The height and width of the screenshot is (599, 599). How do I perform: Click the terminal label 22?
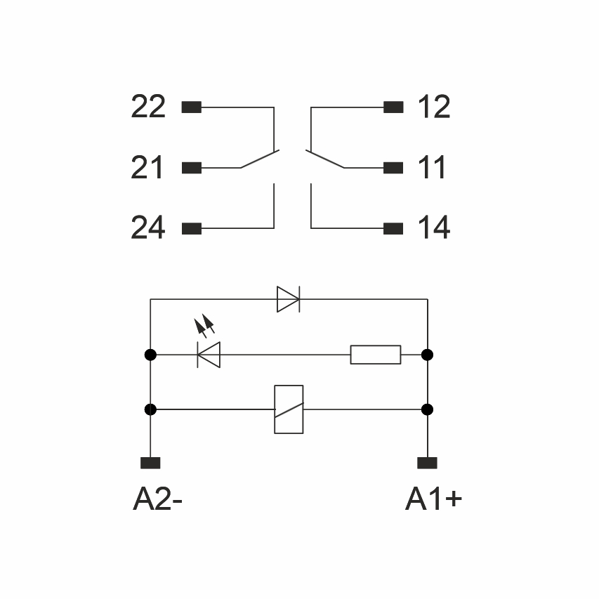point(148,107)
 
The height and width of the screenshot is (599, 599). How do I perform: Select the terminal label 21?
point(147,168)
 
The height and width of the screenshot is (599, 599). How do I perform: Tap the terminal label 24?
point(148,228)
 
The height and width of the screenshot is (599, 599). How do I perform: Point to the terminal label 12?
point(433,107)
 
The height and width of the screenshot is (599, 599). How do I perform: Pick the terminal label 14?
point(433,228)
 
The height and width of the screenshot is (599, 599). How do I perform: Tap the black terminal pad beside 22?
point(192,107)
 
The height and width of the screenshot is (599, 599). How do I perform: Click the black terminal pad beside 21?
point(192,168)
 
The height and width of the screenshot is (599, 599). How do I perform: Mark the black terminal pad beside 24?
point(192,228)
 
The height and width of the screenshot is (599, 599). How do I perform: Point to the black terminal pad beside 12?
point(394,107)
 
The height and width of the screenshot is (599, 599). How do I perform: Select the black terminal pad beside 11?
point(394,168)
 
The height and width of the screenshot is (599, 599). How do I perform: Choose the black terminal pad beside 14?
point(394,228)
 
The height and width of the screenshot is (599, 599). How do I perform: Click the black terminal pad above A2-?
point(150,463)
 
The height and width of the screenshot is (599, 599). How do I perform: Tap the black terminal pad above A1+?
point(427,463)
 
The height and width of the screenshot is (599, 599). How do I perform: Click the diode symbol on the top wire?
point(288,299)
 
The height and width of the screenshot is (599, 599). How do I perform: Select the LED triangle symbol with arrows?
point(209,353)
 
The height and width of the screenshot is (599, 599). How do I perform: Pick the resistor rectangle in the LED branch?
point(376,355)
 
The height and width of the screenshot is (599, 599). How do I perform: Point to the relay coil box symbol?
point(289,409)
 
